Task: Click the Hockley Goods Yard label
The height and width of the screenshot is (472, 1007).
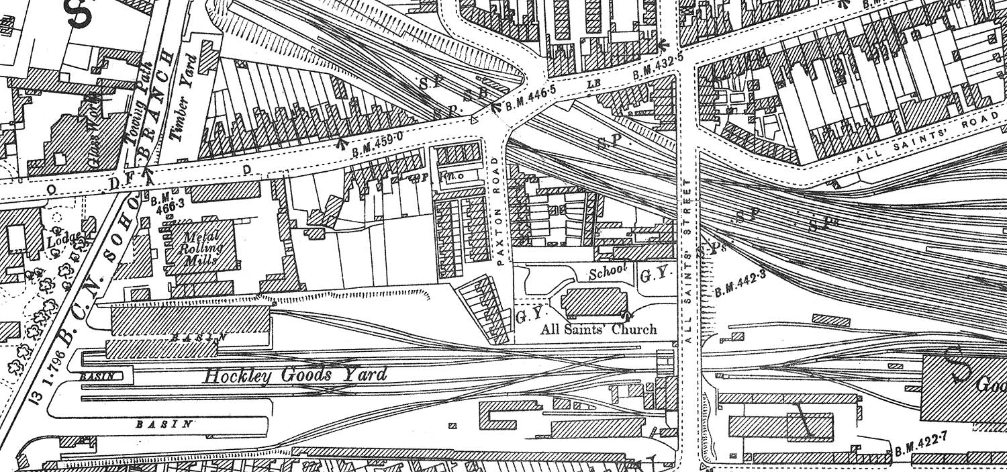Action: click(295, 375)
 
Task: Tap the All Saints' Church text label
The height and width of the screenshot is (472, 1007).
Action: click(600, 330)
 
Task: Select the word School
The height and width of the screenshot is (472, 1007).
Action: click(608, 271)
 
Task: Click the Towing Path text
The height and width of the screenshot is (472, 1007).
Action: click(136, 111)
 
